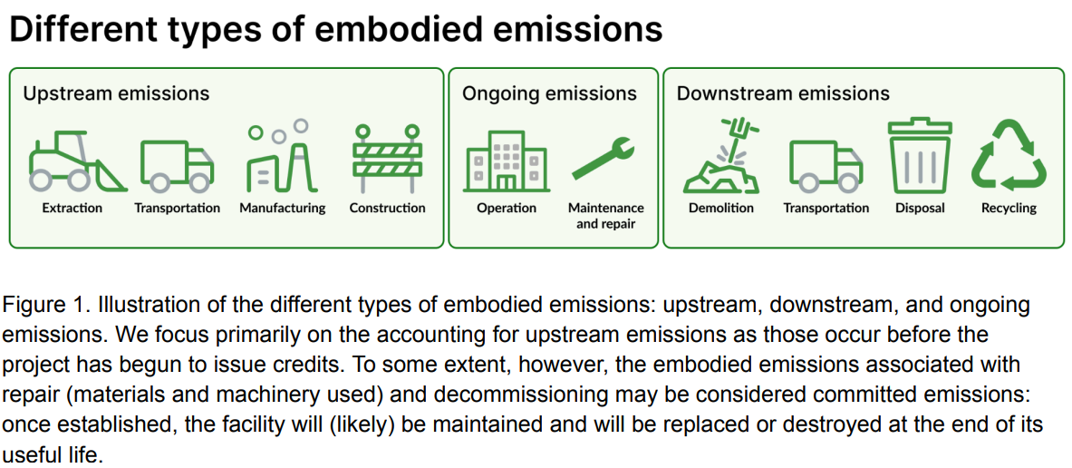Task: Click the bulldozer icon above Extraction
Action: pyautogui.click(x=77, y=161)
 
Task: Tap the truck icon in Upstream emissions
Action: pyautogui.click(x=177, y=165)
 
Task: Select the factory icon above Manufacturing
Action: pyautogui.click(x=282, y=156)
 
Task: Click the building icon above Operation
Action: pyautogui.click(x=507, y=161)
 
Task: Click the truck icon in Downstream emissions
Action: pyautogui.click(x=826, y=165)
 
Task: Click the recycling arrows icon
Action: pyautogui.click(x=1009, y=158)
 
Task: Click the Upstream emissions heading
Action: pyautogui.click(x=116, y=93)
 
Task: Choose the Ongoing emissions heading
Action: pyautogui.click(x=549, y=93)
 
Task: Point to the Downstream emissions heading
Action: pyautogui.click(x=783, y=93)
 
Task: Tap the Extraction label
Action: pyautogui.click(x=72, y=208)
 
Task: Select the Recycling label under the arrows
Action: pyautogui.click(x=1009, y=208)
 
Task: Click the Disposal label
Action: pyautogui.click(x=920, y=208)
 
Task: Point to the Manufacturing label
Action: pyautogui.click(x=282, y=208)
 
